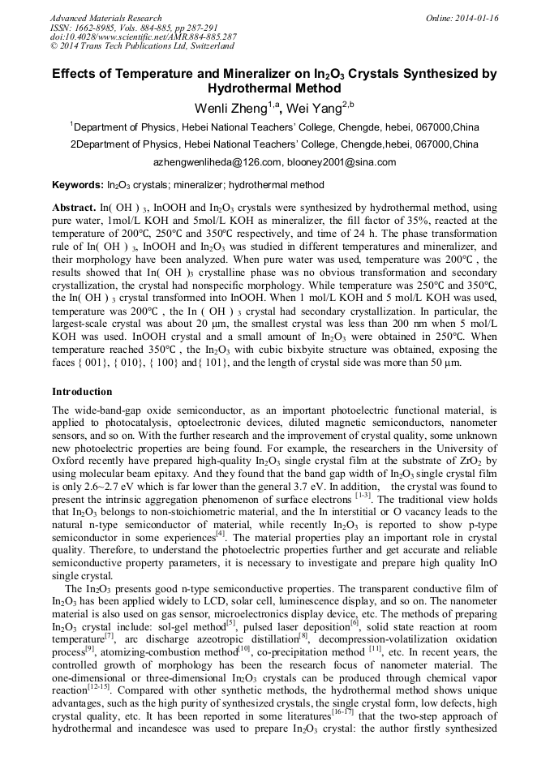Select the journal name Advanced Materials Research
point(105,18)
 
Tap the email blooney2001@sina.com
point(336,161)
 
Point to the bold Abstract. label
point(75,208)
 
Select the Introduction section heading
point(82,392)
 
